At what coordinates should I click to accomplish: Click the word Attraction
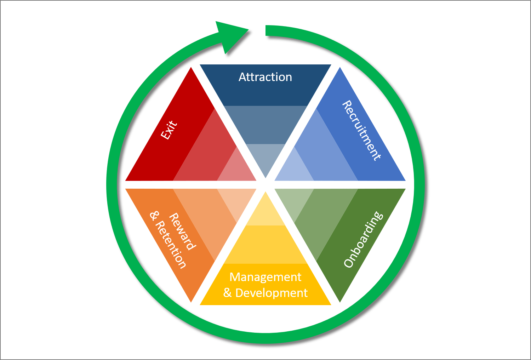pos(265,77)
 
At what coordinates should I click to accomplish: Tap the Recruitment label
pos(361,131)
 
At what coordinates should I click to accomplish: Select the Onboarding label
pos(364,239)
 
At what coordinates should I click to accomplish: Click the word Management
pos(265,277)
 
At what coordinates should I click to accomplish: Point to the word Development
pos(272,293)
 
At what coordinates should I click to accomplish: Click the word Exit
pos(169,130)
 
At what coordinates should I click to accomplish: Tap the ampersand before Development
pos(227,293)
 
